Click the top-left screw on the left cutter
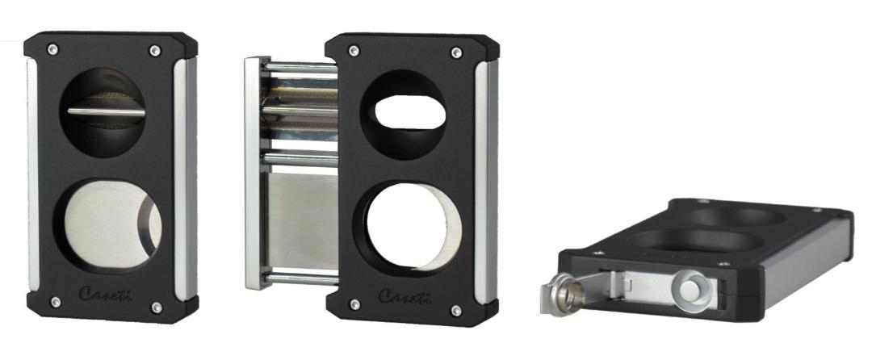(x=52, y=49)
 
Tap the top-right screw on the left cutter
(x=155, y=51)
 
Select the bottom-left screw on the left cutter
(x=56, y=302)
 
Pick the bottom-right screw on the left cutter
(x=157, y=308)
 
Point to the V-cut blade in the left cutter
(x=107, y=111)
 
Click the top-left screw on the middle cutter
(x=353, y=51)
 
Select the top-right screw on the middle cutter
(x=456, y=52)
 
